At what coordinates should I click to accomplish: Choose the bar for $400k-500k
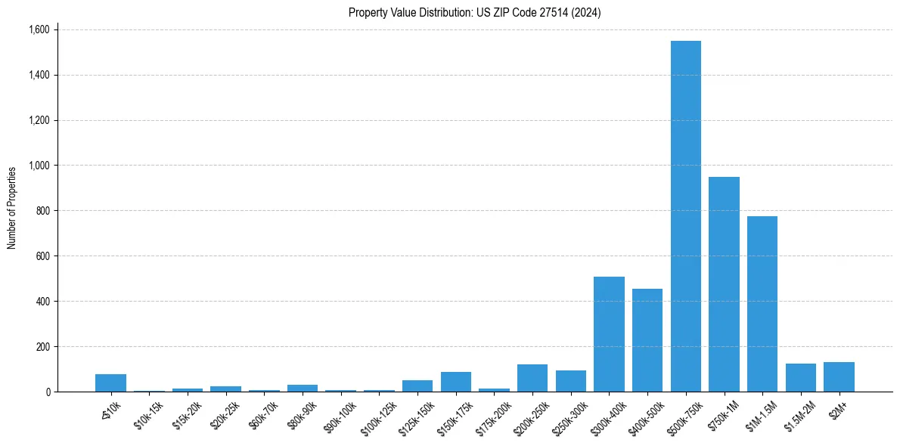[647, 340]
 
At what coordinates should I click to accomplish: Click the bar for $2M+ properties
[839, 377]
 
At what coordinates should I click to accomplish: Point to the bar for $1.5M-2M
[800, 378]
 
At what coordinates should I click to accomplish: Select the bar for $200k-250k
[532, 378]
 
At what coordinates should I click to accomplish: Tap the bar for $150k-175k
[456, 382]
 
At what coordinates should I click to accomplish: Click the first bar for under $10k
[110, 383]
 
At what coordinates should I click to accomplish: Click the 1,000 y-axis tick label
[39, 166]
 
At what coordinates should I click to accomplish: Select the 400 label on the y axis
[44, 302]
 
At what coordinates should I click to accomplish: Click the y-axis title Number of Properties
[12, 208]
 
